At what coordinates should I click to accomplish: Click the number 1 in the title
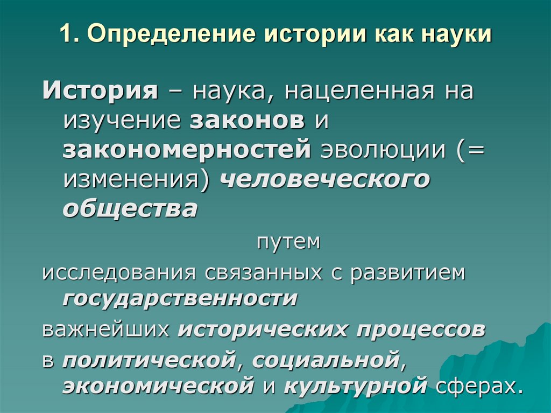[65, 34]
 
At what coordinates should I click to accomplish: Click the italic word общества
[130, 209]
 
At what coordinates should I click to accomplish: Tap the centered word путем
[288, 242]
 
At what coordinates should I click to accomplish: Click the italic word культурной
[355, 387]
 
